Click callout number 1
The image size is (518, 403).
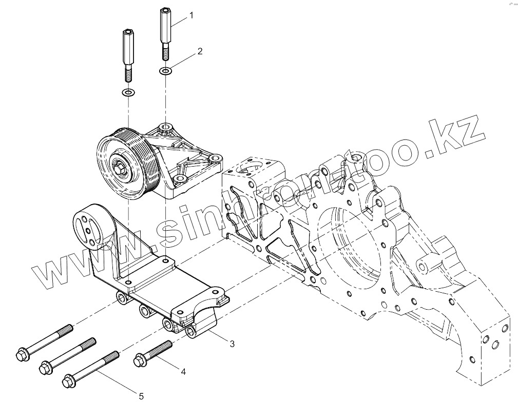(191, 15)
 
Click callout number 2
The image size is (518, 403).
(200, 51)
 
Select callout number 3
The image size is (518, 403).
(232, 344)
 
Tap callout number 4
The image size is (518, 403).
(182, 372)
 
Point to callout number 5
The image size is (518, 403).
(141, 395)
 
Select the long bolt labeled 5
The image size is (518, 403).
(91, 367)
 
